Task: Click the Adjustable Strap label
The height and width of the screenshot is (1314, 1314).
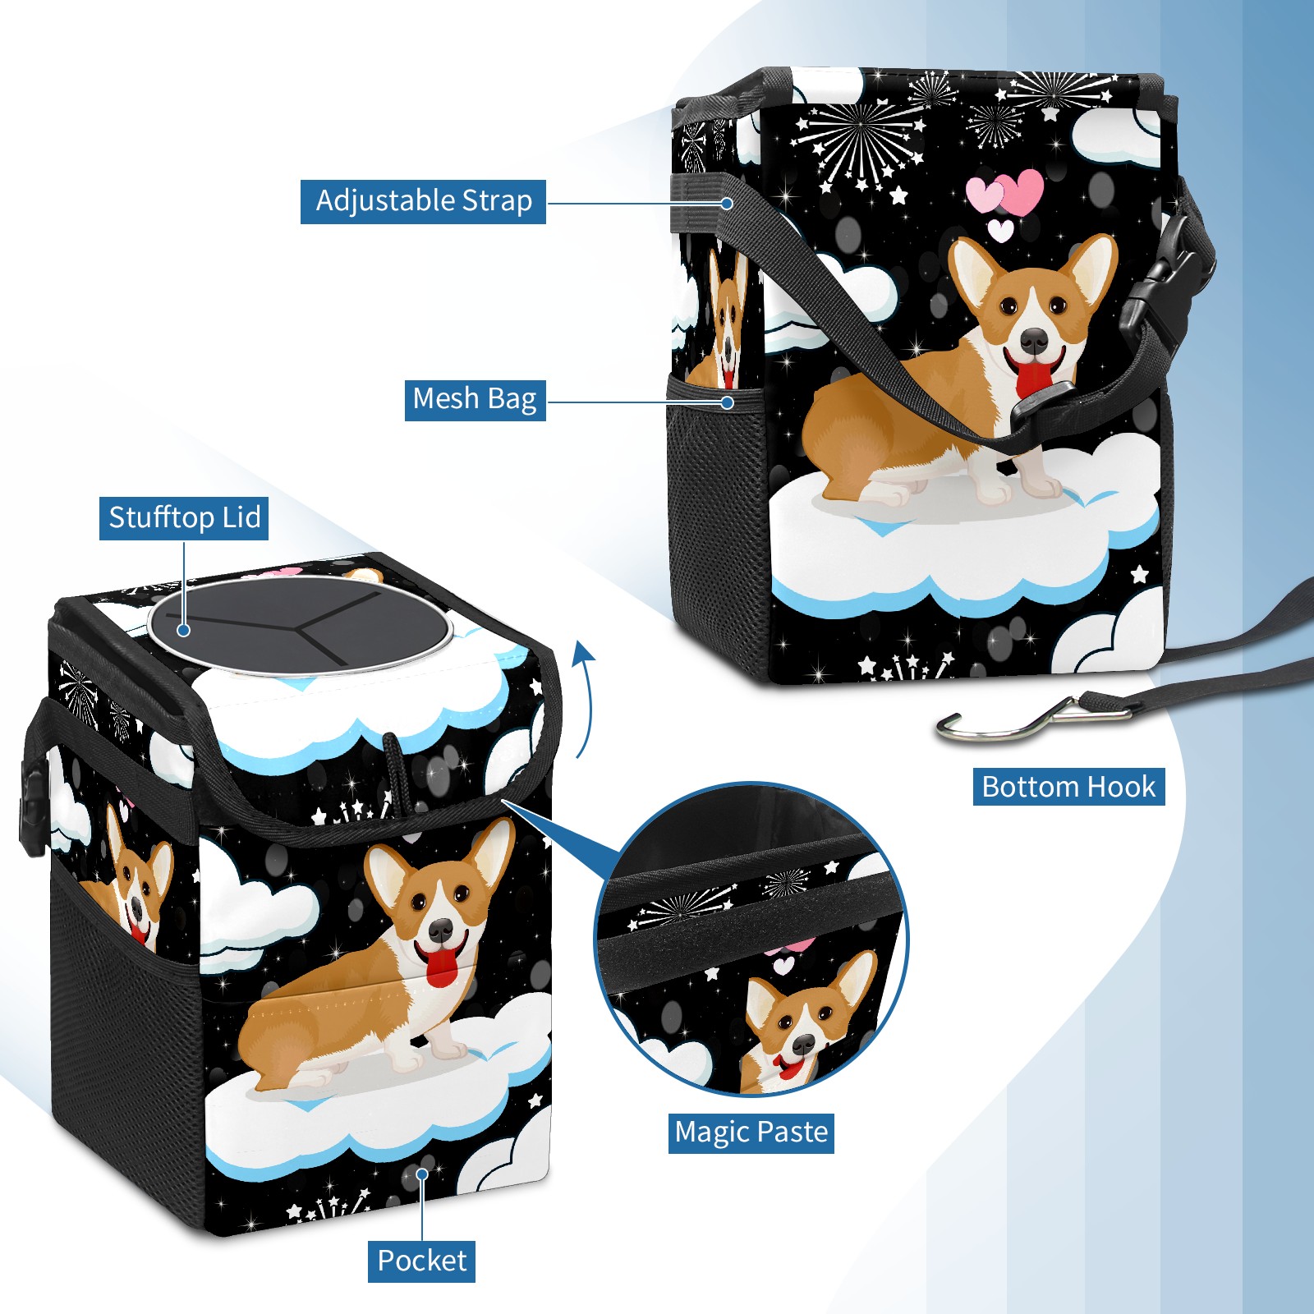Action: point(423,201)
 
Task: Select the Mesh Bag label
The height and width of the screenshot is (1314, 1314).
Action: point(475,399)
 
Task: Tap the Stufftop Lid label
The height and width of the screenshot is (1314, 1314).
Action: point(184,518)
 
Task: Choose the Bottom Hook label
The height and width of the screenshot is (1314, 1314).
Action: point(1068,787)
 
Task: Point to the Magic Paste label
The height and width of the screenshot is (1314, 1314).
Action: point(751,1133)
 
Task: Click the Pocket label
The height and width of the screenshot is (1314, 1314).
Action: point(421,1261)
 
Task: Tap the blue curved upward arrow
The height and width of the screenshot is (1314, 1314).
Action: point(584,698)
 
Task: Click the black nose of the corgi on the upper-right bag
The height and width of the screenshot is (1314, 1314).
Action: point(1034,339)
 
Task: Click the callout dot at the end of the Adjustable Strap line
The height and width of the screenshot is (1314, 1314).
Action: point(728,203)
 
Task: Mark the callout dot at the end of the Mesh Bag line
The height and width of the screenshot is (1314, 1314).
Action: point(728,402)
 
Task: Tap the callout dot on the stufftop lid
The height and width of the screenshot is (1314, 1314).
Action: point(184,630)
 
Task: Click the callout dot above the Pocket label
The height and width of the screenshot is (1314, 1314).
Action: point(422,1174)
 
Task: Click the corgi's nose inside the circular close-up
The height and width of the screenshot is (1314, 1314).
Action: point(802,1045)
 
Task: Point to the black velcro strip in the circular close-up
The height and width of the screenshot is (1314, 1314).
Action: point(749,938)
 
